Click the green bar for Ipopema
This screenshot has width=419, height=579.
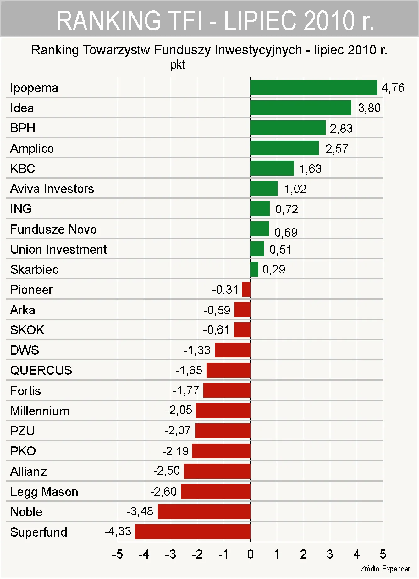click(313, 87)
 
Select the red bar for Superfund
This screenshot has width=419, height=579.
click(193, 532)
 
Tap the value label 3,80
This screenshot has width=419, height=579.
click(369, 108)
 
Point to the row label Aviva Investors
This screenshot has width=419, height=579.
click(52, 189)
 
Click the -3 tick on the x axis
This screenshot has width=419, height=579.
click(170, 554)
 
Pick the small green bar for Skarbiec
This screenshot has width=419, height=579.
click(254, 269)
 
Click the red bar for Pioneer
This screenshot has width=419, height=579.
click(246, 289)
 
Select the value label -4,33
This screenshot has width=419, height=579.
click(118, 531)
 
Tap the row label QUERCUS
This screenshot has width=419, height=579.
click(41, 370)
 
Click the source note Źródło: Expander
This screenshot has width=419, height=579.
click(385, 569)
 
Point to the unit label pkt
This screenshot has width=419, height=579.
click(178, 65)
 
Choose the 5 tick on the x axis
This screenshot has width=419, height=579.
click(383, 554)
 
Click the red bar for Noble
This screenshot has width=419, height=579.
click(204, 511)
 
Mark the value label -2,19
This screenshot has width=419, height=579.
click(175, 451)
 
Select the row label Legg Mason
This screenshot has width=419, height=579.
click(44, 492)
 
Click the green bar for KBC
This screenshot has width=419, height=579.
click(272, 168)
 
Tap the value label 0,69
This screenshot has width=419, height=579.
click(286, 232)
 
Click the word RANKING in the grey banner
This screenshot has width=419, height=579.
click(108, 20)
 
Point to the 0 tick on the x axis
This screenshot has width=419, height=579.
click(250, 554)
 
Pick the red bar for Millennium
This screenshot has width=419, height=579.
click(223, 411)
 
